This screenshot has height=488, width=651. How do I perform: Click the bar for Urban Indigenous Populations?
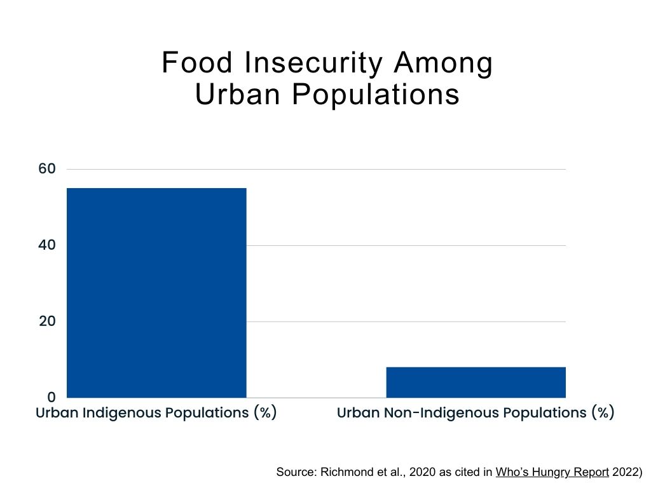point(156,292)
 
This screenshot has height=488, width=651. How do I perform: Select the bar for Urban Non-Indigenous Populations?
point(476,382)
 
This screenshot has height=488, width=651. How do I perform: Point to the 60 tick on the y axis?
point(48,169)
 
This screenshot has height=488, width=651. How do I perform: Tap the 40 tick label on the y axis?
point(48,245)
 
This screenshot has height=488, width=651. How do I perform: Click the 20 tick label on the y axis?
point(48,322)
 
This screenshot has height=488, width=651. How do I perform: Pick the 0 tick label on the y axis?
point(52,397)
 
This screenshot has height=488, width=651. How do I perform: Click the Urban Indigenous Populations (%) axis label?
point(156,412)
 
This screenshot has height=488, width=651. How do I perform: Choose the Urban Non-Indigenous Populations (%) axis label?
point(476,412)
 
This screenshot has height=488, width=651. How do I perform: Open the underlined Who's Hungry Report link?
point(552,472)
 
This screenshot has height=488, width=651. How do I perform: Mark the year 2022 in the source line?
point(626,472)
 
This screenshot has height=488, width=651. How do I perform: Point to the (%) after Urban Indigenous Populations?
point(264,412)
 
